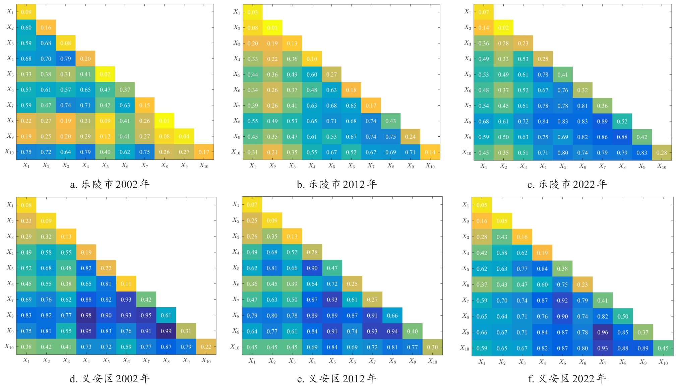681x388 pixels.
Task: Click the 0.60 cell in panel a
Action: pyautogui.click(x=26, y=27)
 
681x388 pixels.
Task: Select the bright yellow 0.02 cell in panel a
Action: pyautogui.click(x=105, y=74)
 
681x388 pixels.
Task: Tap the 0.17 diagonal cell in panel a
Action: pyautogui.click(x=204, y=152)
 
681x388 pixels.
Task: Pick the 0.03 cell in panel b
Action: pyautogui.click(x=253, y=12)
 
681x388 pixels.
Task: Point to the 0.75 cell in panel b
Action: pyautogui.click(x=390, y=137)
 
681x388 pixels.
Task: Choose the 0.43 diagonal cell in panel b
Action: pyautogui.click(x=390, y=121)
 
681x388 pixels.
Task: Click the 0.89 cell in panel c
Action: pyautogui.click(x=602, y=121)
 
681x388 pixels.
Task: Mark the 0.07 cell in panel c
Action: pyautogui.click(x=484, y=12)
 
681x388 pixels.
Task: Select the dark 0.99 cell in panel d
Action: pyautogui.click(x=166, y=331)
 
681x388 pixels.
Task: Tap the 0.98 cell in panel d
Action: pyautogui.click(x=86, y=315)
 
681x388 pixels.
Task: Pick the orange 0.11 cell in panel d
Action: pyautogui.click(x=126, y=284)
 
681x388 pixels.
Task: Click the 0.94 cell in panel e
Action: pyautogui.click(x=392, y=331)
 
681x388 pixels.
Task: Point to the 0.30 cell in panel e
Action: pyautogui.click(x=432, y=347)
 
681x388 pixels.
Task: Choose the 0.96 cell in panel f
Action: pyautogui.click(x=603, y=332)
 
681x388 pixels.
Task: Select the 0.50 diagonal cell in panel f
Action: pyautogui.click(x=623, y=316)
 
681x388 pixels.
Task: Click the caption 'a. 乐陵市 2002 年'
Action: pyautogui.click(x=110, y=184)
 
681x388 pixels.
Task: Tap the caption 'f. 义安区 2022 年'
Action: pyautogui.click(x=567, y=379)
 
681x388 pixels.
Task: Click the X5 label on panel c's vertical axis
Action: pyautogui.click(x=468, y=74)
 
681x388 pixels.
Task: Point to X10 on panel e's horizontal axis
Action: pyautogui.click(x=432, y=361)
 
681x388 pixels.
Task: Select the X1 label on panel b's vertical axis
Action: pyautogui.click(x=237, y=12)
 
